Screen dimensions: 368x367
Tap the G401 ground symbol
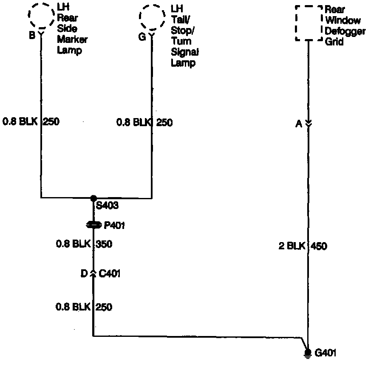tap(308, 353)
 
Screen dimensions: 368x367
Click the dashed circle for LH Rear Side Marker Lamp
tap(41, 16)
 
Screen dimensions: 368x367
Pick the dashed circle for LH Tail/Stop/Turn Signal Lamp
tap(152, 17)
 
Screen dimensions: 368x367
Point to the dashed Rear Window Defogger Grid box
tap(309, 23)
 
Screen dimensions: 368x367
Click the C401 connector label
tap(109, 274)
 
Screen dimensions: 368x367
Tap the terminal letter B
tap(32, 36)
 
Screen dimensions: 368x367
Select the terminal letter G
tap(142, 37)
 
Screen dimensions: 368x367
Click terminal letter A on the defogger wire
tap(299, 124)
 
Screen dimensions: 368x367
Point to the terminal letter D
tap(84, 274)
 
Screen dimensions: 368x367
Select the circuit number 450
tap(319, 246)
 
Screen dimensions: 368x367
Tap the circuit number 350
tap(104, 244)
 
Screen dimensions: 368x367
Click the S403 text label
tap(108, 206)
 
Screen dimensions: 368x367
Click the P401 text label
tap(114, 226)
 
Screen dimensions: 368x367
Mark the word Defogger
tap(345, 31)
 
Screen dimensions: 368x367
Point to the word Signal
tap(185, 52)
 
